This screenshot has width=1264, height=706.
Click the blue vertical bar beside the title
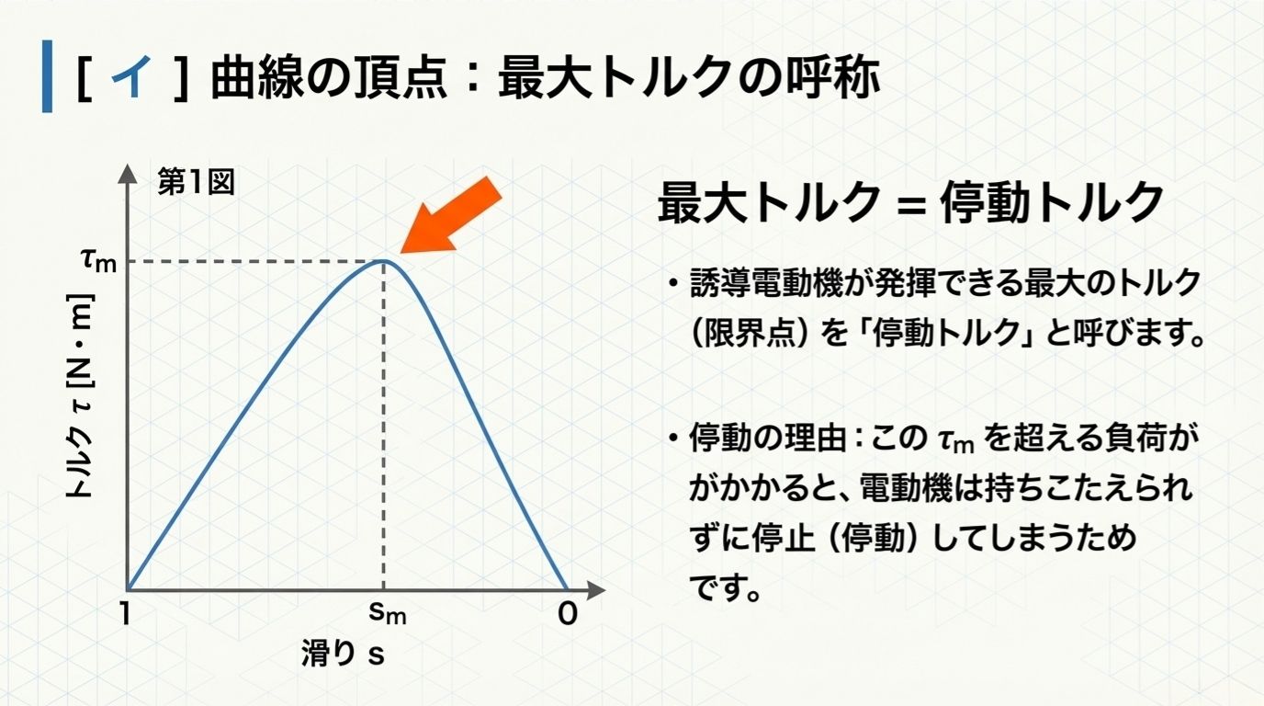47,77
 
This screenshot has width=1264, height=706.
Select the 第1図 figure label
196,182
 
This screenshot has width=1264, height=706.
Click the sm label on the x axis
385,614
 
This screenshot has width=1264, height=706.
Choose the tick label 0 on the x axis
568,614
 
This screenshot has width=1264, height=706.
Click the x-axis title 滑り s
342,654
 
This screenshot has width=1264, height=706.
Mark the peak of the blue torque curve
384,262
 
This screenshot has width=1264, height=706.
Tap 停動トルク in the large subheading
1051,204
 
